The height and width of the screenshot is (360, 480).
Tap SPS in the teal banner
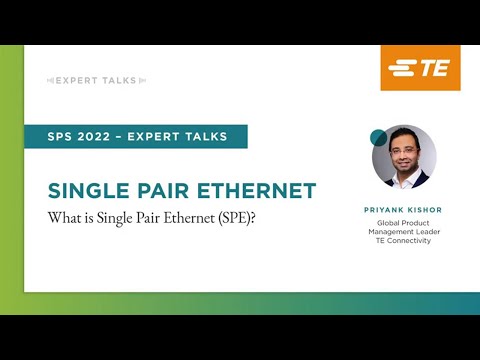click(x=73, y=137)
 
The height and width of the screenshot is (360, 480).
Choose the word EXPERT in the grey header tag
click(x=81, y=79)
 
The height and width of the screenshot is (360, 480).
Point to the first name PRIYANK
click(x=388, y=209)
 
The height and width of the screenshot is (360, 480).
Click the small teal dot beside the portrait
click(x=378, y=137)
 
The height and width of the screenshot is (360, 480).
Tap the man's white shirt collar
click(x=404, y=176)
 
